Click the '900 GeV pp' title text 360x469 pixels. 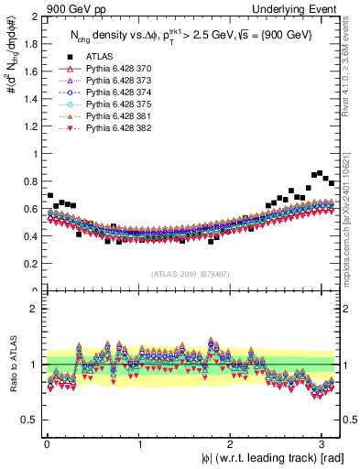pos(76,8)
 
